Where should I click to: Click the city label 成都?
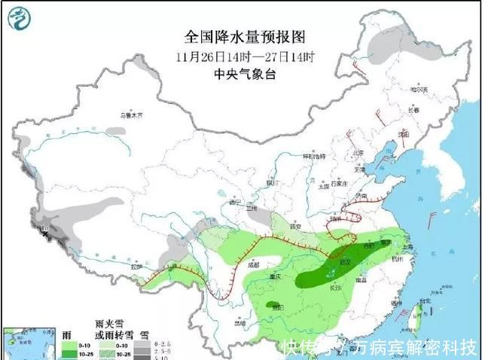pos(252,264)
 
